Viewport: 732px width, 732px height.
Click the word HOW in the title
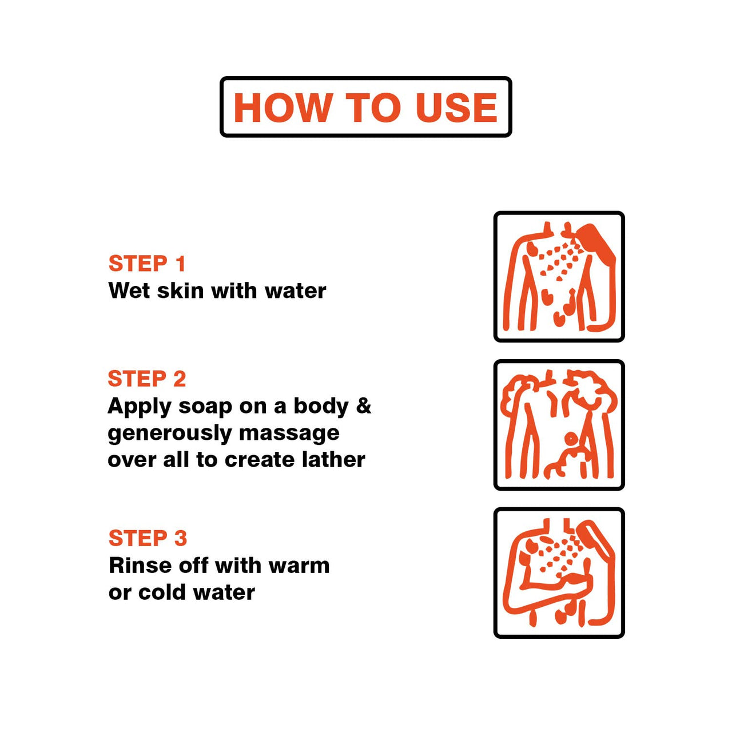point(281,108)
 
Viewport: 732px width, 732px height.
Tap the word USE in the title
point(456,108)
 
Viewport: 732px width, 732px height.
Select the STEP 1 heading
point(147,263)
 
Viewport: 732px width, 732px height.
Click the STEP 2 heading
point(147,379)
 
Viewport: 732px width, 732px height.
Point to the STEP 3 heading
point(148,538)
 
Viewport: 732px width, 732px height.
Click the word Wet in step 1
point(129,291)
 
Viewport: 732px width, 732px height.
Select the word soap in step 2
point(205,407)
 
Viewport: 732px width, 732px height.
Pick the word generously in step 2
point(169,433)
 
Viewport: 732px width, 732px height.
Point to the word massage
point(289,433)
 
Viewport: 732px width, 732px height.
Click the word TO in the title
point(373,108)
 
